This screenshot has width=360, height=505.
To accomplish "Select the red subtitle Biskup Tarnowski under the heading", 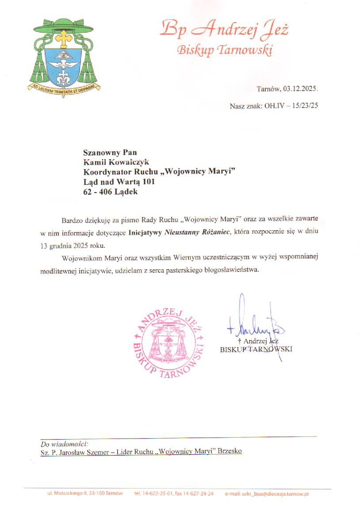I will click(224, 50).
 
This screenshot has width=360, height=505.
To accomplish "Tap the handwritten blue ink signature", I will click(251, 325).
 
